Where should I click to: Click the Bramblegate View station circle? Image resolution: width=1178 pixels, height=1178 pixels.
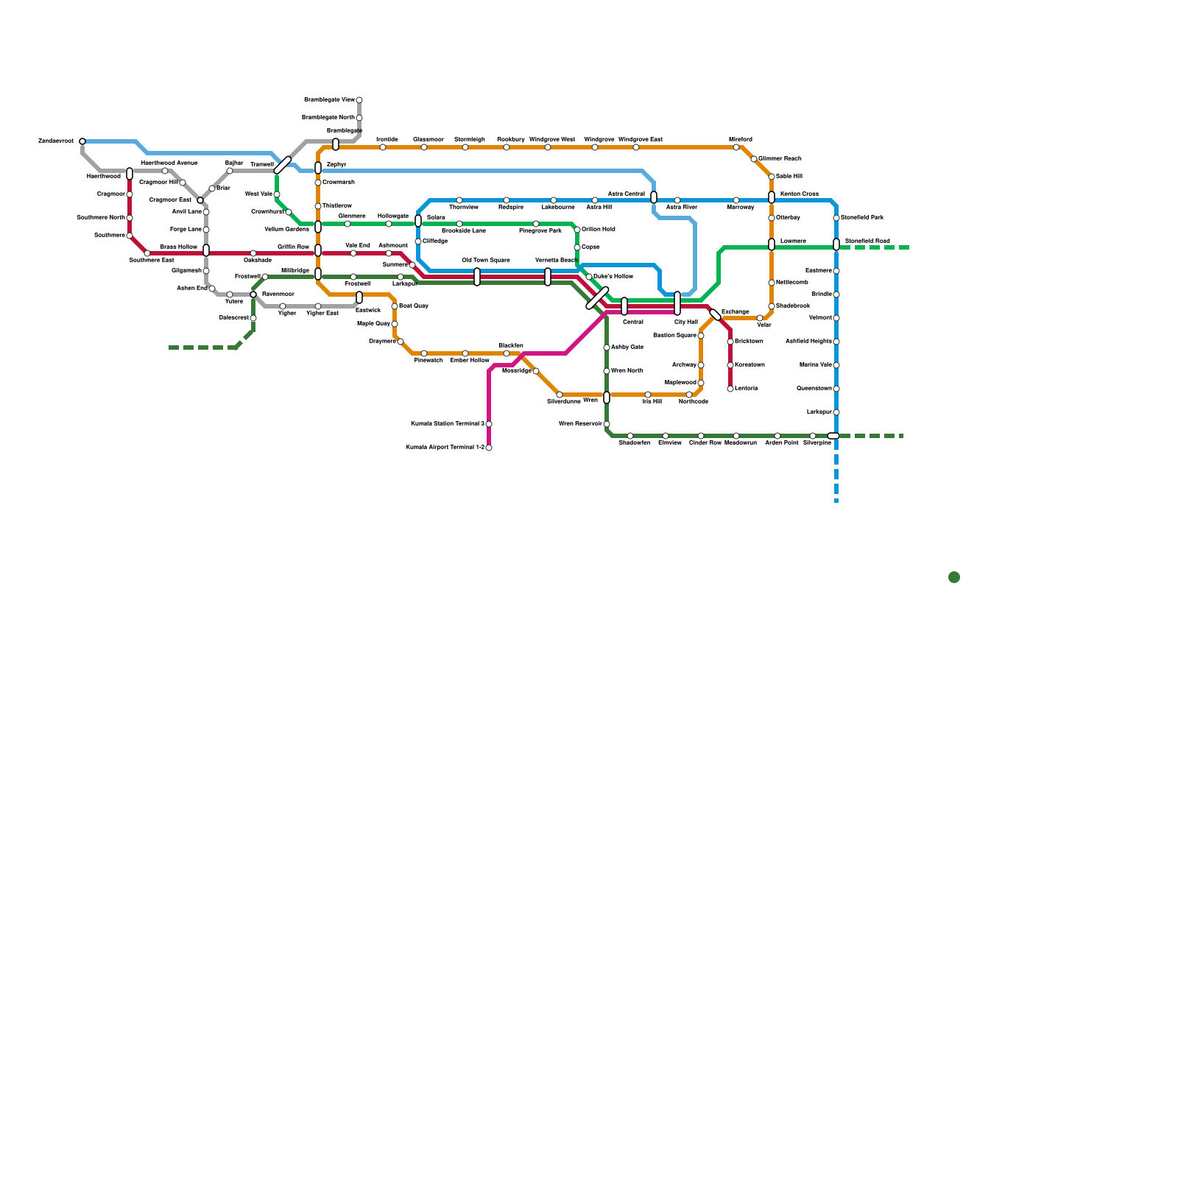tap(359, 100)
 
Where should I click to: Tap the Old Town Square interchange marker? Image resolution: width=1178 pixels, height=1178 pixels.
tap(477, 277)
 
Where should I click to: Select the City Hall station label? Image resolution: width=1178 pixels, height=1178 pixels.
tap(685, 322)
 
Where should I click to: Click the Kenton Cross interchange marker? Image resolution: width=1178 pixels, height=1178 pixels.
tap(772, 197)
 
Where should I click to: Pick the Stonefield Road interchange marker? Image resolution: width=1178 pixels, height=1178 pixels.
tap(836, 244)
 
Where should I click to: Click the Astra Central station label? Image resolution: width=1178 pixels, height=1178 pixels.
tap(626, 194)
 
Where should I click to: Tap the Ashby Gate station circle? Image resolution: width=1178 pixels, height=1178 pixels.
tap(607, 348)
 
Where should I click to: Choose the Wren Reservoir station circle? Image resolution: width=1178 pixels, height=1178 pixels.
tap(607, 424)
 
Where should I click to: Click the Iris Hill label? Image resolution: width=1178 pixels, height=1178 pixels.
tap(652, 402)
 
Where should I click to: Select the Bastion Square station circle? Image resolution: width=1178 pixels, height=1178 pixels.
tap(701, 336)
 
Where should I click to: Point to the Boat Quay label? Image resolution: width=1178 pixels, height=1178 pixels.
tap(414, 306)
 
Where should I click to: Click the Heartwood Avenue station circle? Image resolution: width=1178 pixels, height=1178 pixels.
tap(165, 171)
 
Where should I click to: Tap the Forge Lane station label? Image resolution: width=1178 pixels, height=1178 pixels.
tap(186, 230)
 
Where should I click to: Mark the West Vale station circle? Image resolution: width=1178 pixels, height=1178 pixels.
tap(277, 194)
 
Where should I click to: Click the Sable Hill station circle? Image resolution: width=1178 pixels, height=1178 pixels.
tap(772, 177)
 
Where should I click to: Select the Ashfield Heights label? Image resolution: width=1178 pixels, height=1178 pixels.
tap(808, 342)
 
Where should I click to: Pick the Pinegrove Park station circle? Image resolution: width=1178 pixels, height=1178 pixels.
tap(536, 224)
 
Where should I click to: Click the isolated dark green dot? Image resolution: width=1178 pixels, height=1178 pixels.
tap(954, 577)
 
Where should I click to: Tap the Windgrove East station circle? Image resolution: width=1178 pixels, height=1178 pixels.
tap(636, 147)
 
